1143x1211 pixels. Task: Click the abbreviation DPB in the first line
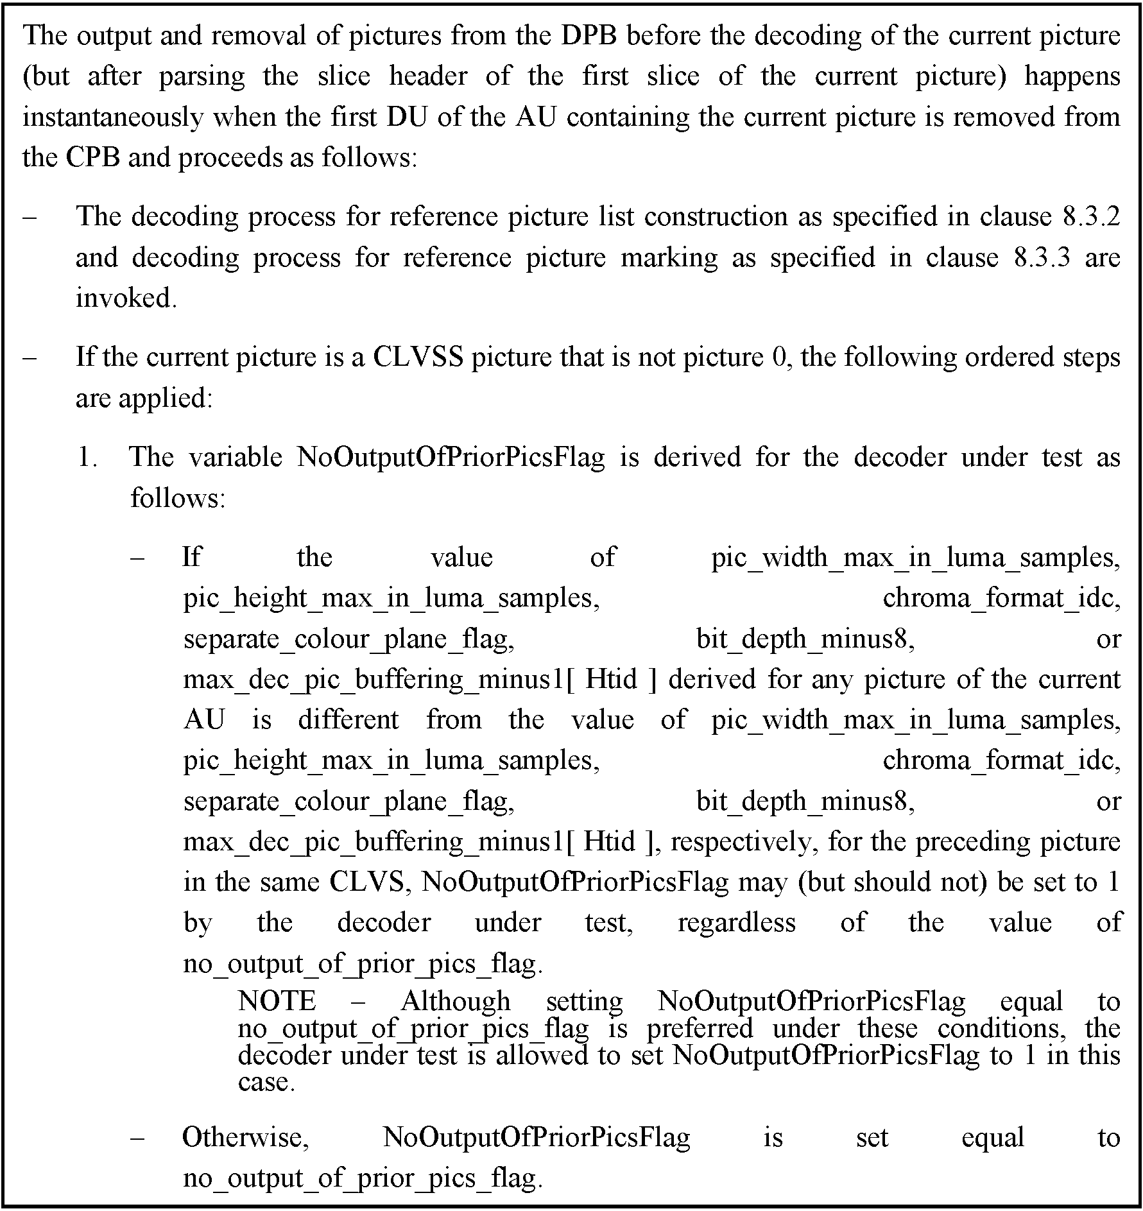(x=589, y=35)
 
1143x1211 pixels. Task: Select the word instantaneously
(x=113, y=117)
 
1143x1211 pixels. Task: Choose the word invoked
(x=126, y=298)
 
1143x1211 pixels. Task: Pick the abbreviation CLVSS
(x=418, y=357)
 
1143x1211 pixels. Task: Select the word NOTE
(x=277, y=1001)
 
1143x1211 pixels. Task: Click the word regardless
(x=736, y=923)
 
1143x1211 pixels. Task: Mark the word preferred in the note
(x=700, y=1029)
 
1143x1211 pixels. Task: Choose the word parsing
(x=202, y=76)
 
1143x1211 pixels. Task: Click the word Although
(x=455, y=1001)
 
